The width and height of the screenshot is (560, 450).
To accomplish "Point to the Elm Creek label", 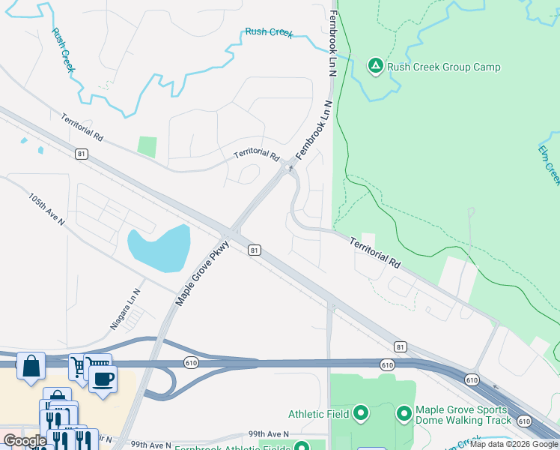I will point(549,164).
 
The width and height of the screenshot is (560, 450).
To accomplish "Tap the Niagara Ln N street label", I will point(125,310).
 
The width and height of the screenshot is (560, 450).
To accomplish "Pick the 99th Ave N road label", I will point(269,434).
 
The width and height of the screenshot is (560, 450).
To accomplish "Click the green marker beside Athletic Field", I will point(360,413).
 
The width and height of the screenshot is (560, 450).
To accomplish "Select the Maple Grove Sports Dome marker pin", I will point(404,413).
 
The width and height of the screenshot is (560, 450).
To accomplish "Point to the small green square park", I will point(147,146).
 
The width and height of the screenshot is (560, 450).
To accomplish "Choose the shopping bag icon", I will point(31,367).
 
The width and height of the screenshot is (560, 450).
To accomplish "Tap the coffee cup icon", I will point(103,378).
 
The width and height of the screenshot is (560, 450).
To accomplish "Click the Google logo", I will point(25,442).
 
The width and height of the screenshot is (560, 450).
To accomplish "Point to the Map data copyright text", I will point(514,444).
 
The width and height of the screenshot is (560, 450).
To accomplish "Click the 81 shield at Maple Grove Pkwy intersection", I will point(255,250).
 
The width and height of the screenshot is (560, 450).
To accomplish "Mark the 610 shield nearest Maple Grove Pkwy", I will point(192,362).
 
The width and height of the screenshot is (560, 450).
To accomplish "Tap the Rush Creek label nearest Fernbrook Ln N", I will point(269,32).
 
